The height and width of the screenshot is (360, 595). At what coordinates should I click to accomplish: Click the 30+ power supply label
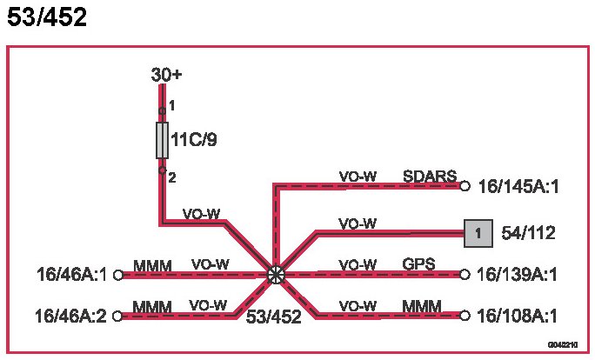[166, 76]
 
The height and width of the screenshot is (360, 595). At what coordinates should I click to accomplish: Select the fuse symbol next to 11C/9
[163, 140]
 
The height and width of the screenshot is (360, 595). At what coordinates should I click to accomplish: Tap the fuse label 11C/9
[195, 140]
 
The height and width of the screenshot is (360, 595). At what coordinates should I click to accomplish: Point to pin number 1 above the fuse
[172, 106]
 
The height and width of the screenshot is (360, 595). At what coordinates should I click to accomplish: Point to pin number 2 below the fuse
[172, 177]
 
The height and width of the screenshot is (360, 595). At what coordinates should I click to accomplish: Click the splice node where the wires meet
[276, 275]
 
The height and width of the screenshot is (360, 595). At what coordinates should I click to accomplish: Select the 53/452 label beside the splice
[273, 317]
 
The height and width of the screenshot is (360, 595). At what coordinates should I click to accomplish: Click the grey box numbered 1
[478, 233]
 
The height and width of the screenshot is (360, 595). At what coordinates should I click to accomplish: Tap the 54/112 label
[528, 233]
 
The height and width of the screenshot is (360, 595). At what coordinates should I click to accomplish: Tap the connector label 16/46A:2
[70, 316]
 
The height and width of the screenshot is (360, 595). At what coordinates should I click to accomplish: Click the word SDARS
[430, 177]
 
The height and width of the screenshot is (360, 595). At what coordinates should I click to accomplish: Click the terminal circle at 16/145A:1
[465, 185]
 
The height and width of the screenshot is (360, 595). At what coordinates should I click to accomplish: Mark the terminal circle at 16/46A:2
[117, 316]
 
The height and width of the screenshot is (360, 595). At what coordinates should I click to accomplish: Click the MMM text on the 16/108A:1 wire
[422, 305]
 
